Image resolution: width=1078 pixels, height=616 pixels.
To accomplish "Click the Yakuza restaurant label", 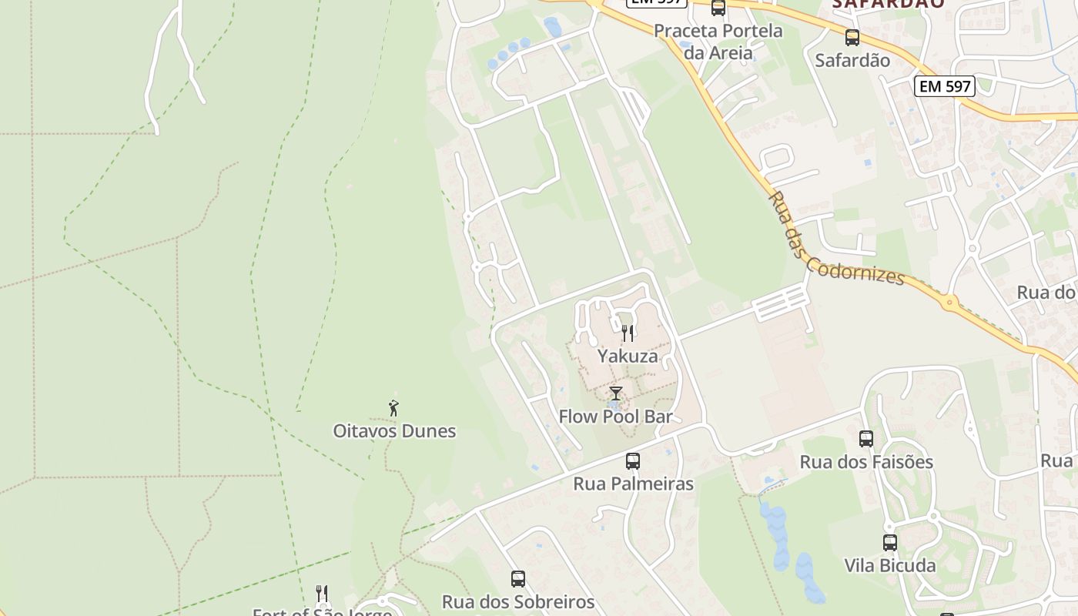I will [628, 357].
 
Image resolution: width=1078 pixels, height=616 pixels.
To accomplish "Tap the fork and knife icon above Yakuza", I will [628, 333].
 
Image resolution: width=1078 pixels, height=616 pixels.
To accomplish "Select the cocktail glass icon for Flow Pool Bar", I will [615, 394].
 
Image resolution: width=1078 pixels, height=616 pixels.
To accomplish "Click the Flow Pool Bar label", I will [615, 417].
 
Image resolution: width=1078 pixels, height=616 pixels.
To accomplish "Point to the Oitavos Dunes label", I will [394, 431].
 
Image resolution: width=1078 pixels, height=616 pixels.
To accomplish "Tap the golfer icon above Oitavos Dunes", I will [394, 408].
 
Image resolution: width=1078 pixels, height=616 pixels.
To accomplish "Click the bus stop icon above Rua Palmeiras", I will [633, 461].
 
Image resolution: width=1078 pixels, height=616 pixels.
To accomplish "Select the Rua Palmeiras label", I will [633, 484].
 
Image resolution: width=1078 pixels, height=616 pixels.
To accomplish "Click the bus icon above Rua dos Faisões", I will [866, 439].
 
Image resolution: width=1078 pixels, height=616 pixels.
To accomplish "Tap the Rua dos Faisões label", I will [866, 462].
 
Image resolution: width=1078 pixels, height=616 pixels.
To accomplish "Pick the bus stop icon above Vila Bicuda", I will [890, 543].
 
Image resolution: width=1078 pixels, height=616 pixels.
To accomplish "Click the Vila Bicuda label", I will [890, 566].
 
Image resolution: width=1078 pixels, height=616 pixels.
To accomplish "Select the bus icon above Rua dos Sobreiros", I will [518, 579].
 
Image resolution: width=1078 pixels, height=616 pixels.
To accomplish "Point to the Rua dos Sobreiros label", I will [518, 601].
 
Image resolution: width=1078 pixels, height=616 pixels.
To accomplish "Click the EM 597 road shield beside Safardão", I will [946, 86].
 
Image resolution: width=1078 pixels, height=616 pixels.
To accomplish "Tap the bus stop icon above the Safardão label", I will [852, 38].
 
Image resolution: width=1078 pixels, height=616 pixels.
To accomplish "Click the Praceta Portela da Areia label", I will [718, 42].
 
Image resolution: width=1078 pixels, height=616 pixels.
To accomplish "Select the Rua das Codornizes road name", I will [836, 239].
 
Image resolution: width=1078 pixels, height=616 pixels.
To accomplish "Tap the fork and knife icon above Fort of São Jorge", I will [322, 594].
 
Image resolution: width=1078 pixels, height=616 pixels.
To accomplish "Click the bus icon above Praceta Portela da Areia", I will [718, 8].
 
